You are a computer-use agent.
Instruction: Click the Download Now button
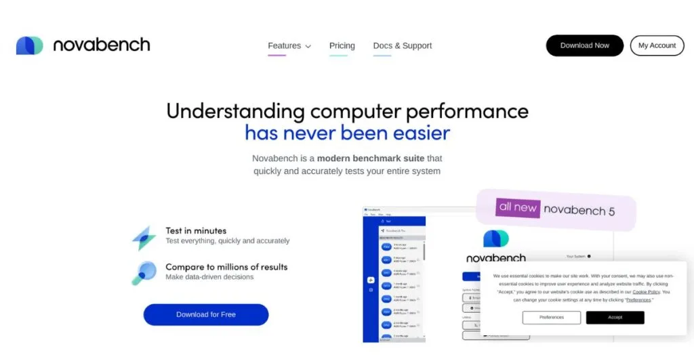coord(584,45)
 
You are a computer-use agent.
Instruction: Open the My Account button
coord(657,45)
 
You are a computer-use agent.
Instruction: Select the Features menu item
coord(285,46)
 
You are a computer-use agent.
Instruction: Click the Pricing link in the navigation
coord(342,46)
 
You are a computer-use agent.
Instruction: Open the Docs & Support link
coord(403,46)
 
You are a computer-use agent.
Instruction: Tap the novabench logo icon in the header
coord(30,45)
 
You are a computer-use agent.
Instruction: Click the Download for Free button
coord(206,314)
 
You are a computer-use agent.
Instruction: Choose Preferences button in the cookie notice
coord(552,317)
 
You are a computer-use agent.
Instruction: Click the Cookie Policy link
coord(646,292)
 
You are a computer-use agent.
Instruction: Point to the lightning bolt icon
coord(144,238)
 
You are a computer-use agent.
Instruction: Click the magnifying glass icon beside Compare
coord(144,272)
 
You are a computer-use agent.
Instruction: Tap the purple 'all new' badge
coord(518,207)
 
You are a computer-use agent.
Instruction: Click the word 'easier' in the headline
coord(415,132)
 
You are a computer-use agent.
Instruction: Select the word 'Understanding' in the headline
coord(235,110)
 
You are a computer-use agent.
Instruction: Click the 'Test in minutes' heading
coord(196,231)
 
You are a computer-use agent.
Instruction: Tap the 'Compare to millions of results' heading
coord(226,267)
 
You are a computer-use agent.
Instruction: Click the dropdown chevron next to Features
coord(308,47)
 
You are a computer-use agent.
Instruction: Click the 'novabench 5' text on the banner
coord(579,211)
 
